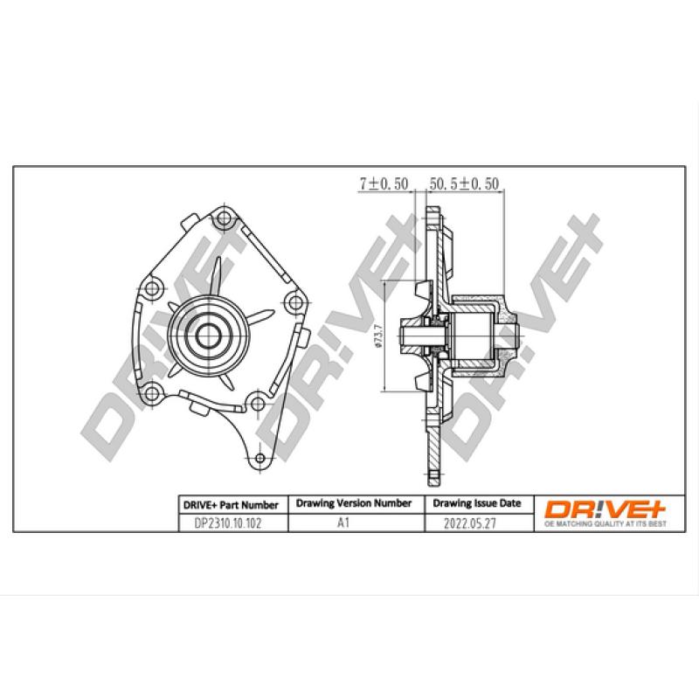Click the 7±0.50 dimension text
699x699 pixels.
point(384,184)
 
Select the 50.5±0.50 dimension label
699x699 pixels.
point(464,184)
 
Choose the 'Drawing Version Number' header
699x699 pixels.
point(354,503)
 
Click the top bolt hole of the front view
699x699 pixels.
point(225,218)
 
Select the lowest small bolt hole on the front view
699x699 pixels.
point(259,459)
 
